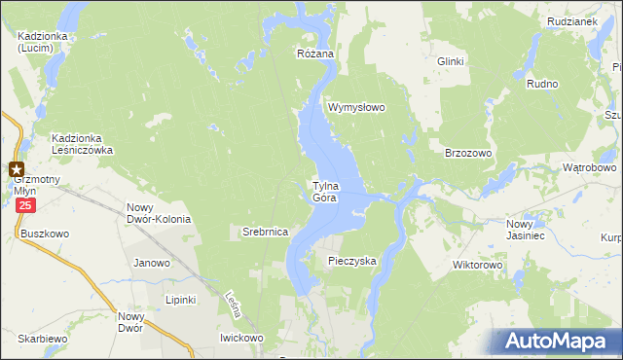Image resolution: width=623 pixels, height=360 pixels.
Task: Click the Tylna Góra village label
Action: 324,192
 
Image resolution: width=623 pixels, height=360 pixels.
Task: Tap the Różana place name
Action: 315,54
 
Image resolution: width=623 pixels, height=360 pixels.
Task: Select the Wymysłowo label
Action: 357,107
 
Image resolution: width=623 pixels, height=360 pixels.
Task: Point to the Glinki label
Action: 450,61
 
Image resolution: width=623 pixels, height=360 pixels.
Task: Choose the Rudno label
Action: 542,85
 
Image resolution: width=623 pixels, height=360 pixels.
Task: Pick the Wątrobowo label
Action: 590,167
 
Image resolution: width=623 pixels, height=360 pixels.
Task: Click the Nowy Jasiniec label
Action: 527,230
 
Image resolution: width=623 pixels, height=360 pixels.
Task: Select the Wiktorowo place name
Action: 477,265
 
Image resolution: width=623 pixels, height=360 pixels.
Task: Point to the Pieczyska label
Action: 352,261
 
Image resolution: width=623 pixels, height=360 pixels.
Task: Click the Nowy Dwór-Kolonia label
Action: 159,213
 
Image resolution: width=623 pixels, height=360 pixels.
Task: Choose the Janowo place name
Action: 152,263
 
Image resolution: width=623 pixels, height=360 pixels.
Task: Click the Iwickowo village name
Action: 241,338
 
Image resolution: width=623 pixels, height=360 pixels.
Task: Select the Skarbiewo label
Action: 41,339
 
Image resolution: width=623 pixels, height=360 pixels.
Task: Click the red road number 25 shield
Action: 25,206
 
